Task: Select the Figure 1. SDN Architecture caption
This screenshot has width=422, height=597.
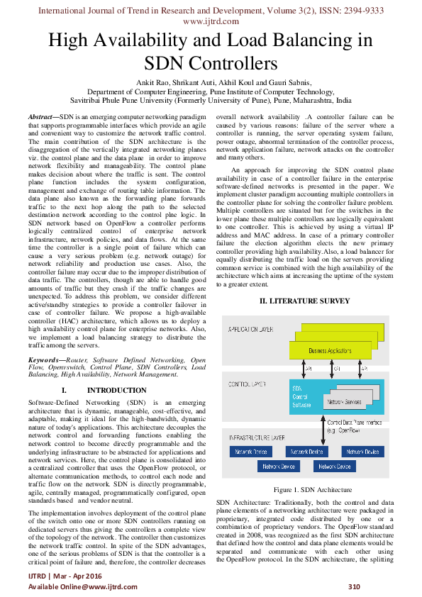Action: [x=312, y=490]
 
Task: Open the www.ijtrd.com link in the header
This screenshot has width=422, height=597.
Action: [x=211, y=21]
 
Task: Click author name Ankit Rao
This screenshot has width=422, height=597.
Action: [x=152, y=83]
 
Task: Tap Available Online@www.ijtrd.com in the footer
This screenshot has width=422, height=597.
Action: [x=82, y=587]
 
